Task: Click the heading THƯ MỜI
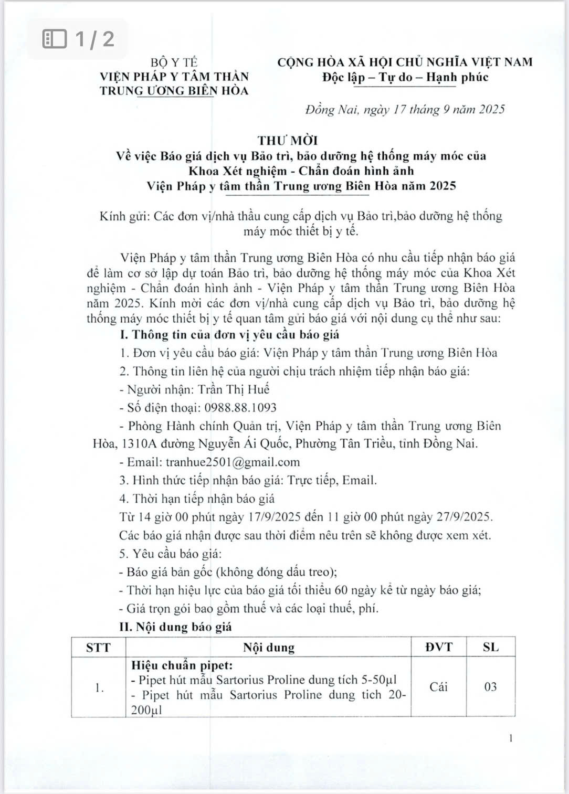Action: tap(288, 140)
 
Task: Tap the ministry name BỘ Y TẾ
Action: tap(174, 62)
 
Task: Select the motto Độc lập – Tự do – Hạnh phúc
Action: tap(405, 77)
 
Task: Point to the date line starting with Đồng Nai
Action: tap(405, 109)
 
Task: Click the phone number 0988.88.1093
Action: tap(240, 408)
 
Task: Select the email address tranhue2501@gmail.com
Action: tap(233, 462)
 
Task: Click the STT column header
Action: tap(99, 647)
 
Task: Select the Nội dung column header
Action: tap(269, 648)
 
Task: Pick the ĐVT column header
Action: tap(438, 647)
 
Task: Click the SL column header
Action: tap(490, 647)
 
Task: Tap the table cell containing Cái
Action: tap(438, 687)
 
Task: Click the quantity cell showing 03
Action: tap(490, 687)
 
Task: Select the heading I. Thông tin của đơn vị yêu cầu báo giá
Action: tap(229, 334)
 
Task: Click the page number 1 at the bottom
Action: tap(511, 738)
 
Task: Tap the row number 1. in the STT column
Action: tap(100, 687)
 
